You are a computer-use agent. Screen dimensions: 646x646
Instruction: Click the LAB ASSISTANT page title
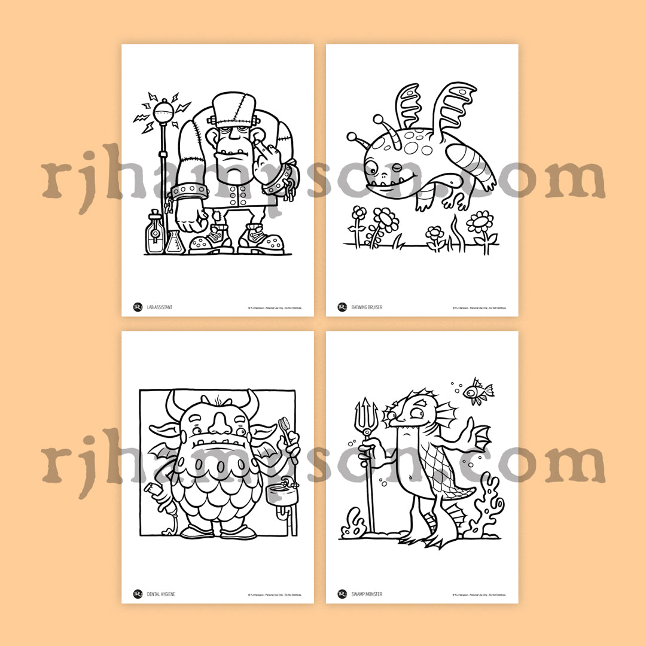(x=160, y=307)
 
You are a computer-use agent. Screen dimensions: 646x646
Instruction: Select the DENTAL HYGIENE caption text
(x=161, y=595)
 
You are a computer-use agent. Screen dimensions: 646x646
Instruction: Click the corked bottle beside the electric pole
(x=154, y=233)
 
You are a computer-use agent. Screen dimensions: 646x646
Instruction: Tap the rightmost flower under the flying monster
(x=480, y=225)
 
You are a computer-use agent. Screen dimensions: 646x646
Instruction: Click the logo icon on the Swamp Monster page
(x=342, y=594)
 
